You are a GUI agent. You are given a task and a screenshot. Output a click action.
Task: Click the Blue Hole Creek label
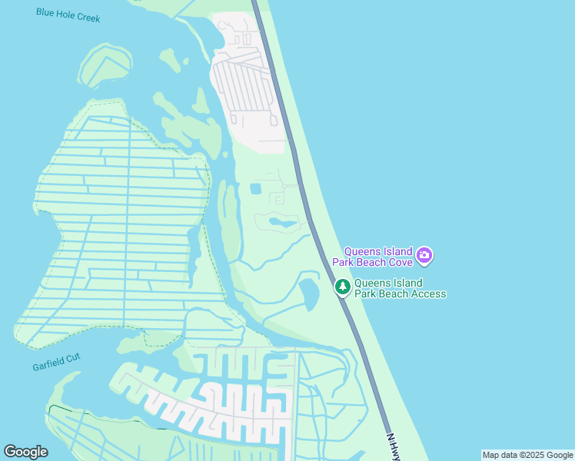68,15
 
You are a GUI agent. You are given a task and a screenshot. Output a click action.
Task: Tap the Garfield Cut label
56,362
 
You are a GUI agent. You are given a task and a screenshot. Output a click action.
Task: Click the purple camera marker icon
424,255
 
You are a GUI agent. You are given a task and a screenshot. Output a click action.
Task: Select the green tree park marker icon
342,287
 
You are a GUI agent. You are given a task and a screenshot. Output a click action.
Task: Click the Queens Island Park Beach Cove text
378,256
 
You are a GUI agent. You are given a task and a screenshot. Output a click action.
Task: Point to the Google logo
25,452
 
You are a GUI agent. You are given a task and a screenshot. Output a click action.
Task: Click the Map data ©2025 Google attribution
527,455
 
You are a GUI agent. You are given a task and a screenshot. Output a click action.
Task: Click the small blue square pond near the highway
256,188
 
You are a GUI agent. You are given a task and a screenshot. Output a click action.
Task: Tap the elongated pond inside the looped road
281,224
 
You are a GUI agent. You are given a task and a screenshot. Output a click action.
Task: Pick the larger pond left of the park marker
308,294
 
